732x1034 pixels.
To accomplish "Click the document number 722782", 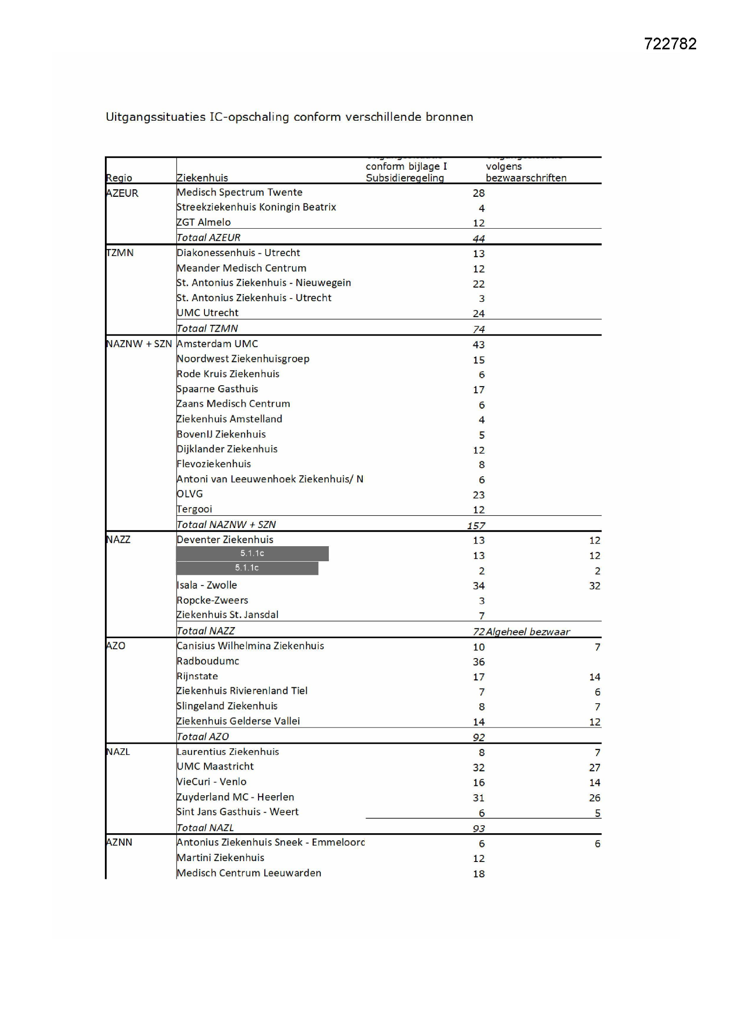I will [670, 44].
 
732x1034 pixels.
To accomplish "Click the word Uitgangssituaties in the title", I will [155, 117].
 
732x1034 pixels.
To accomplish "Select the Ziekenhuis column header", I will [202, 178].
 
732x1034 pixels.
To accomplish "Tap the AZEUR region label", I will [122, 193].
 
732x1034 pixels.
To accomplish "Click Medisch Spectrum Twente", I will [239, 192].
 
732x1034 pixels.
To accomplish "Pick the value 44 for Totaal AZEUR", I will [479, 239].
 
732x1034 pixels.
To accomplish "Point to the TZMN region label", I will [120, 253].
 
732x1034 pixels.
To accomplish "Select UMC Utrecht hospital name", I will [207, 313].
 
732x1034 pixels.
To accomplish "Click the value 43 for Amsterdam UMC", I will [479, 345].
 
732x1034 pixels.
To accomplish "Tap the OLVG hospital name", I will [190, 494].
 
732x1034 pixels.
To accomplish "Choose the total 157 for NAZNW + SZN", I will [476, 525].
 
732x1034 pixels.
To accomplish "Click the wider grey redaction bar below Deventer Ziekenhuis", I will [252, 553].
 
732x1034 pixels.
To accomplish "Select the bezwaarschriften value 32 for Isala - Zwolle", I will [594, 586].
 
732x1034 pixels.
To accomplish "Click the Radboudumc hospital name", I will [208, 661].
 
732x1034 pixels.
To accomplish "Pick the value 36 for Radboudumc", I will [479, 662].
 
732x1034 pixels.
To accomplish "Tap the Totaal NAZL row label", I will [205, 828].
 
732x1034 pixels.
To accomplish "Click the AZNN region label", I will [119, 842].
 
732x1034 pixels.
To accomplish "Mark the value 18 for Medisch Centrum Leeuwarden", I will [479, 873].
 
